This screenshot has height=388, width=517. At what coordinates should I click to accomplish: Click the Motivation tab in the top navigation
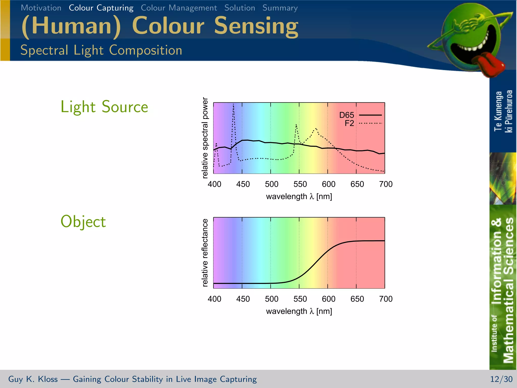tap(41, 8)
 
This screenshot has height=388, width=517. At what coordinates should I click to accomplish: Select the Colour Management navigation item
tap(179, 8)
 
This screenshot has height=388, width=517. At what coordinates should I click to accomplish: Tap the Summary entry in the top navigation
tap(280, 8)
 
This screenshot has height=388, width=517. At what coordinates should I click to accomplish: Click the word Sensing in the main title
tap(256, 26)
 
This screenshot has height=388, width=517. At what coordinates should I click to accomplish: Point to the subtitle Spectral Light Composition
tap(101, 50)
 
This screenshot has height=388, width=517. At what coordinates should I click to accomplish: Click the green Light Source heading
tap(104, 107)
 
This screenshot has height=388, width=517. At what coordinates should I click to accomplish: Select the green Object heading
tap(83, 222)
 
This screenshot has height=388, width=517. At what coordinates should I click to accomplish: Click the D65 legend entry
tap(347, 115)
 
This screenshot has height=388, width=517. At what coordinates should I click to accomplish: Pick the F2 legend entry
tap(349, 123)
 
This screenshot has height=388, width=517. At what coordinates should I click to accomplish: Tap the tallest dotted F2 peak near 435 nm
tap(234, 105)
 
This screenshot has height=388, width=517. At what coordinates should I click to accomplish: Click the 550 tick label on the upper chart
tap(300, 184)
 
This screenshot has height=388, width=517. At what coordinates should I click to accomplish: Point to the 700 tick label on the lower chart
tap(385, 299)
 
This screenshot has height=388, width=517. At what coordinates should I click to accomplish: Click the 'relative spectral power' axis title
tap(205, 138)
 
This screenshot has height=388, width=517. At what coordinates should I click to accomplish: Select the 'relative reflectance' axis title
tap(205, 253)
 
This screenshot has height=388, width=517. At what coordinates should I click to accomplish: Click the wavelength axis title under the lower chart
tap(299, 311)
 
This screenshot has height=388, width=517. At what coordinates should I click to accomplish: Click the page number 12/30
tap(501, 379)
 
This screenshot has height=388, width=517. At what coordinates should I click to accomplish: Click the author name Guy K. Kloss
tap(33, 379)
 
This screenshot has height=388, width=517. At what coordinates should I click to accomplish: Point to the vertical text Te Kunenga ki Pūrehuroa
tap(503, 111)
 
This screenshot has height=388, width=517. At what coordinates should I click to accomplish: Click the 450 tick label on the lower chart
tap(243, 299)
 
